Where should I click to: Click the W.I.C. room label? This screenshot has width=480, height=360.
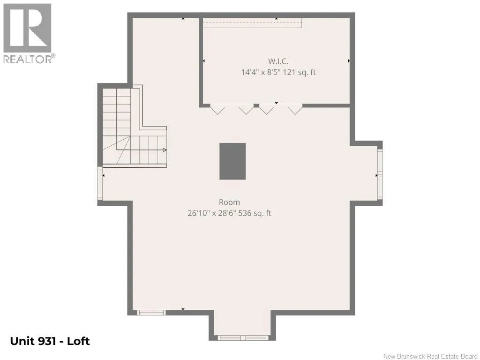[x=278, y=61]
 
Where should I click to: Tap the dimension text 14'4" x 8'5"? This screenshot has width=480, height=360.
[x=261, y=73]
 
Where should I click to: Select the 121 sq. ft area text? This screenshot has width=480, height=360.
[x=300, y=73]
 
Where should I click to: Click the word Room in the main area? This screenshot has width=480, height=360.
[x=229, y=202]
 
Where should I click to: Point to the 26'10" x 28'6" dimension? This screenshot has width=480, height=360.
[x=211, y=213]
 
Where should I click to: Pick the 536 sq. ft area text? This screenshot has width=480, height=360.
[x=255, y=213]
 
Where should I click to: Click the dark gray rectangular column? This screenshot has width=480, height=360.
[x=232, y=161]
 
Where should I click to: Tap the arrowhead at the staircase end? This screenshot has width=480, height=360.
[x=165, y=150]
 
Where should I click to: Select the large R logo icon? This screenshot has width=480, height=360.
[x=27, y=28]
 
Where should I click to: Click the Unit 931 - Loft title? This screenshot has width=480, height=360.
[x=50, y=341]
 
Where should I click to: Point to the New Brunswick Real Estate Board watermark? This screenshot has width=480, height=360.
[x=430, y=356]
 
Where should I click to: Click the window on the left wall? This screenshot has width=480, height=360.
[x=100, y=183]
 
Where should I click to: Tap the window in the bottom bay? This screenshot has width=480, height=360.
[x=243, y=338]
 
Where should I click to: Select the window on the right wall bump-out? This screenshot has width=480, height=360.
[x=380, y=174]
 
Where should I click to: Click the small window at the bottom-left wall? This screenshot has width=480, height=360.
[x=151, y=313]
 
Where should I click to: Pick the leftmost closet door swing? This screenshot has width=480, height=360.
[x=217, y=110]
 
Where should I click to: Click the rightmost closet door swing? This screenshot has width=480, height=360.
[x=295, y=110]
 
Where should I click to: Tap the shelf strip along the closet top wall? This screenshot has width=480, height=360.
[x=252, y=23]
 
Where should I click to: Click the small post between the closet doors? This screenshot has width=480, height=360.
[x=256, y=105]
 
